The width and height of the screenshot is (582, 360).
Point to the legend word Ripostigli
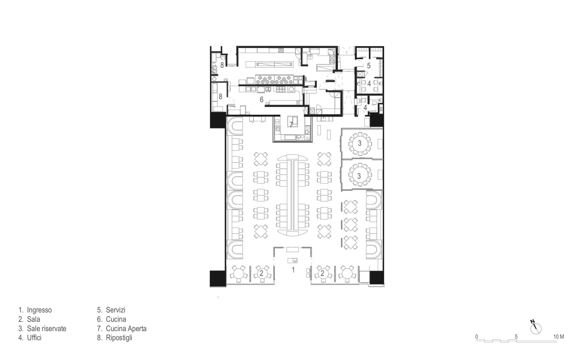[119, 338]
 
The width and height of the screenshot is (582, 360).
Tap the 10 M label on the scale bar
[558, 337]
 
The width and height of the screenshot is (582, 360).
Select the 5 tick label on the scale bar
[516, 337]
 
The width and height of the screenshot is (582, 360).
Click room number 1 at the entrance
[293, 270]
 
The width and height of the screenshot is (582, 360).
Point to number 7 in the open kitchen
[291, 125]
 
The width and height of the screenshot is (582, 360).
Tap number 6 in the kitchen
[262, 99]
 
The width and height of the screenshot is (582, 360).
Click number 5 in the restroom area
[368, 66]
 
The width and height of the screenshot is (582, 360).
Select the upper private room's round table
[360, 144]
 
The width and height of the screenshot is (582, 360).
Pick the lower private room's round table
[360, 175]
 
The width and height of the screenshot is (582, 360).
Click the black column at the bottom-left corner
[218, 279]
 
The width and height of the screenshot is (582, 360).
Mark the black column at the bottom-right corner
[376, 278]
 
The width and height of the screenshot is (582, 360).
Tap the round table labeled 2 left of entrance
[261, 273]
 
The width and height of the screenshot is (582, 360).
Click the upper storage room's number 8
[222, 65]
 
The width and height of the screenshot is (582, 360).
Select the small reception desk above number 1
[292, 260]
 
